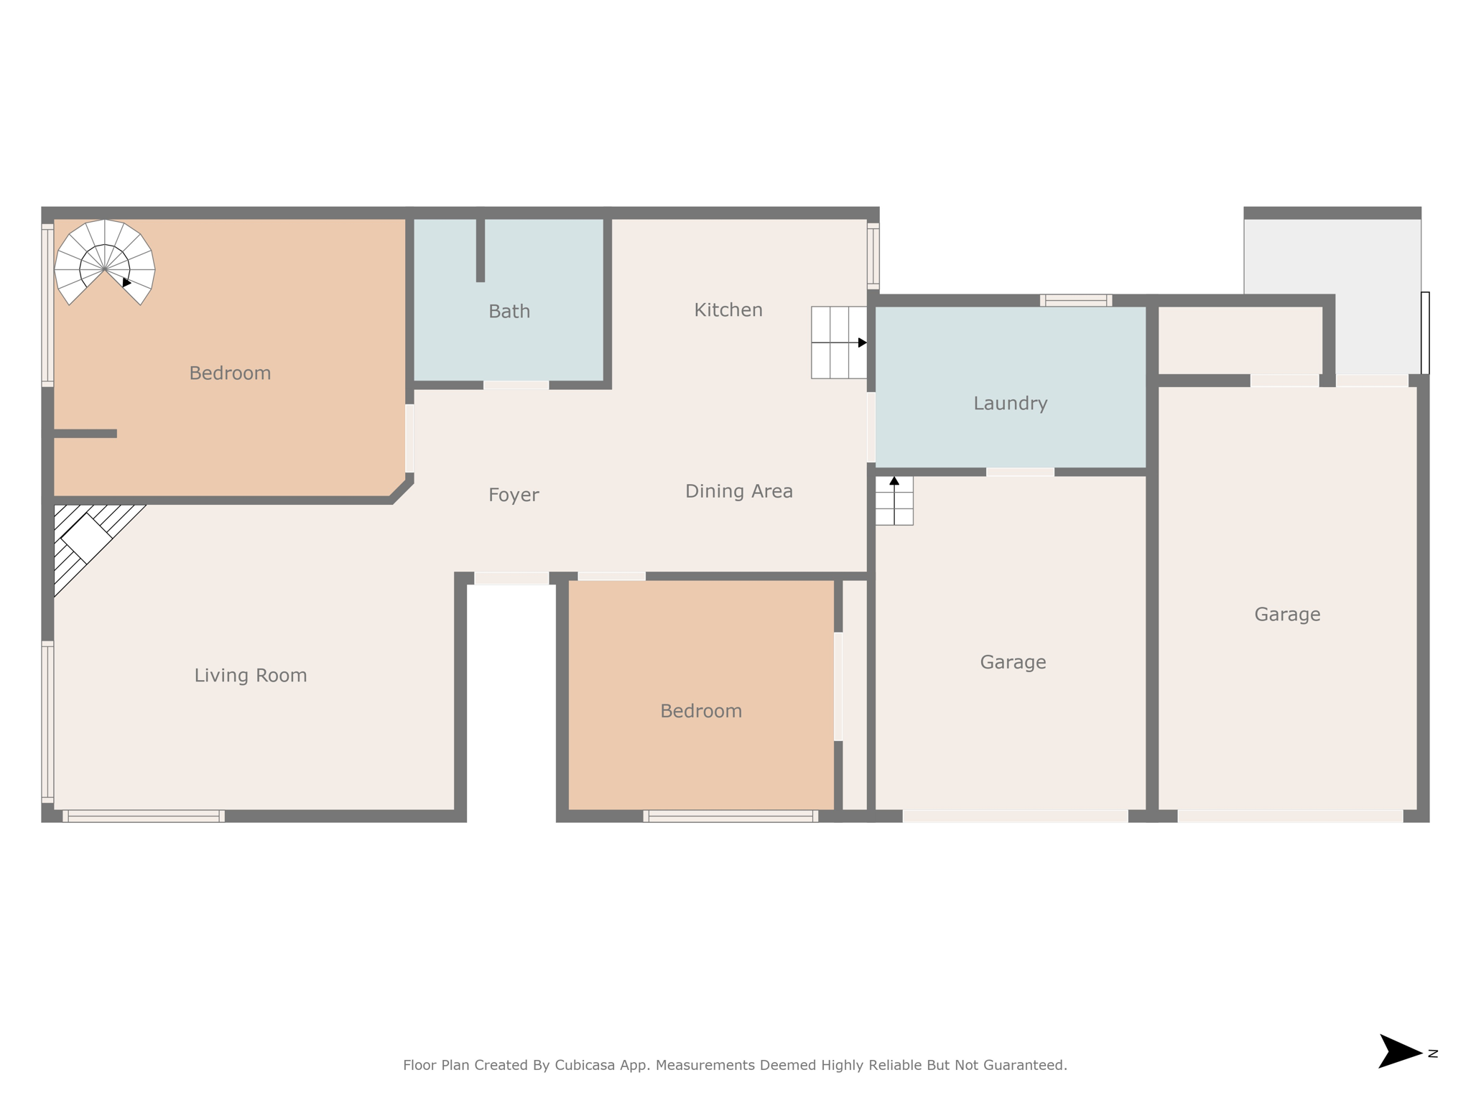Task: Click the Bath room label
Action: (x=509, y=312)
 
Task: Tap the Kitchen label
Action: (x=728, y=310)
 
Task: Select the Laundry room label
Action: (x=1010, y=404)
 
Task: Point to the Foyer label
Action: (x=514, y=495)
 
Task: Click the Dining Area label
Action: (x=738, y=491)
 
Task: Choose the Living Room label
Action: (x=251, y=676)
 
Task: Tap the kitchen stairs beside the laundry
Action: (x=838, y=343)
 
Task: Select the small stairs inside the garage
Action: (x=894, y=501)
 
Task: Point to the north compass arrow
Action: (x=1400, y=1052)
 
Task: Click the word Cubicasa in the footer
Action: (x=585, y=1066)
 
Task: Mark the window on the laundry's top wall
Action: (x=1075, y=300)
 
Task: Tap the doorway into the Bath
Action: (x=516, y=386)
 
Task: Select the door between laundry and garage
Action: (x=1020, y=472)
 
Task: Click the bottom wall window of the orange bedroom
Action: (x=730, y=816)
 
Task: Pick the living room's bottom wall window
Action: (x=144, y=816)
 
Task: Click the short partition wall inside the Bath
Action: (x=481, y=250)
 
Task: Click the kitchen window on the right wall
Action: (x=873, y=255)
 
